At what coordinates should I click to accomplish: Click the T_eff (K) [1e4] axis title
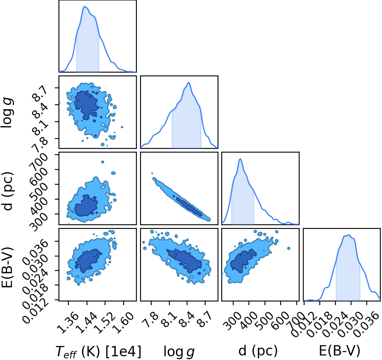click(x=98, y=352)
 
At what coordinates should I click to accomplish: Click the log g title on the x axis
click(x=179, y=352)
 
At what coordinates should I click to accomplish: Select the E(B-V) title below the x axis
click(x=340, y=351)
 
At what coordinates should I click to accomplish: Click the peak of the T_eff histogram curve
click(x=84, y=6)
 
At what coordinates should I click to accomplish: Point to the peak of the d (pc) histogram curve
click(x=240, y=159)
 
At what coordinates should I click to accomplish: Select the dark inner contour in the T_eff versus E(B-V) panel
click(x=87, y=261)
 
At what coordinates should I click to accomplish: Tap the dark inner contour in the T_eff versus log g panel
click(x=86, y=105)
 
